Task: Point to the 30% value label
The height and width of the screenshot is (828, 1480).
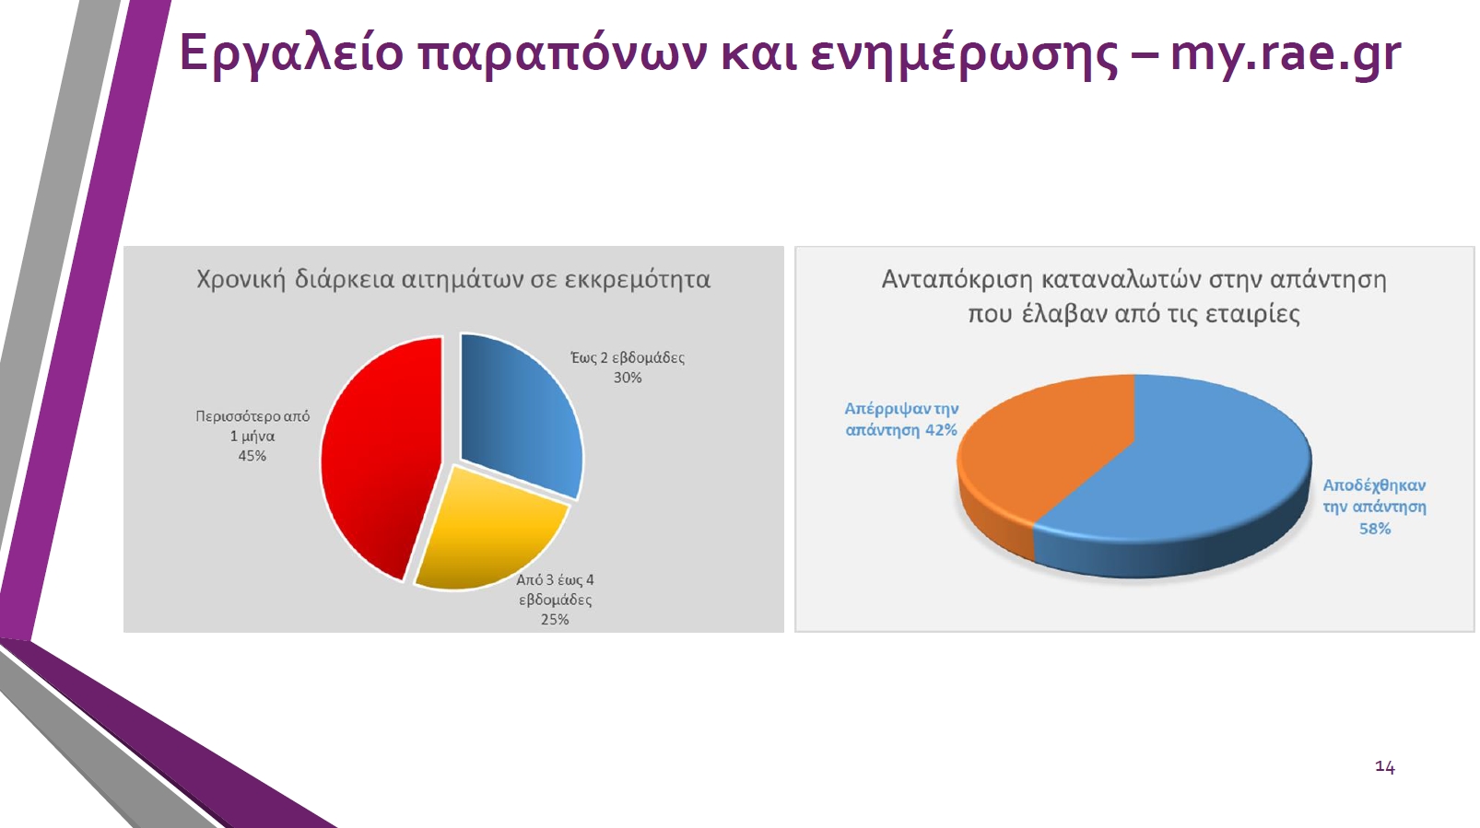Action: (x=628, y=378)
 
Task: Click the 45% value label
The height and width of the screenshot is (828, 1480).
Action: (x=253, y=456)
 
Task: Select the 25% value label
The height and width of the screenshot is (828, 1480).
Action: (x=555, y=619)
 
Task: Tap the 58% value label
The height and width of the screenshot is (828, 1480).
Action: (x=1375, y=529)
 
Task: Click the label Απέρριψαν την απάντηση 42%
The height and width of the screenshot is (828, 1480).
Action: (x=902, y=419)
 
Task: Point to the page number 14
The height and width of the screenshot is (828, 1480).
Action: (x=1385, y=766)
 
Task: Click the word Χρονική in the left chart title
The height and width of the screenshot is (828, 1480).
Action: (x=241, y=280)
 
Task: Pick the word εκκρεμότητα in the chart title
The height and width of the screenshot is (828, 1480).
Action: (x=638, y=280)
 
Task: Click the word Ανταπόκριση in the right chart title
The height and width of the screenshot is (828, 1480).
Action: (x=957, y=280)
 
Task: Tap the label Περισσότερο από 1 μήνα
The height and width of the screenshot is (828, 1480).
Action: (x=253, y=426)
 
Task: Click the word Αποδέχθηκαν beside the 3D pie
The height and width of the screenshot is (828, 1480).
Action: (x=1374, y=486)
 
